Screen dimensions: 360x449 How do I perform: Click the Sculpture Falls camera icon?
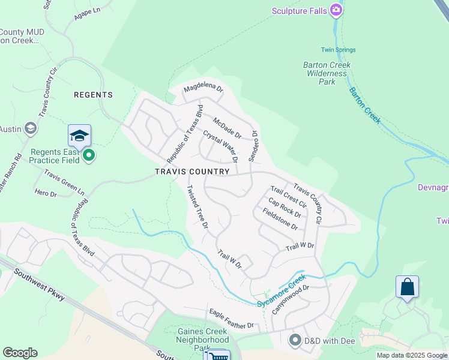[337, 10]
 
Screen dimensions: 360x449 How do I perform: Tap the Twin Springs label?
[339, 50]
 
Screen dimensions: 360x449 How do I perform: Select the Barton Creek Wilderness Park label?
[327, 73]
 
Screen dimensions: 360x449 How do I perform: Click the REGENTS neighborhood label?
[93, 95]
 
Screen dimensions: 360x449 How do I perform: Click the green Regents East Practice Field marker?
[89, 156]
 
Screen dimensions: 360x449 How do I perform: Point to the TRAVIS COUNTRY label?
[192, 172]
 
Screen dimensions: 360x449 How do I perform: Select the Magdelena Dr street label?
[203, 88]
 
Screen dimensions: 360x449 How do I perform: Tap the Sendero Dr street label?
[253, 146]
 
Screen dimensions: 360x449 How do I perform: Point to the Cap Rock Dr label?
[285, 207]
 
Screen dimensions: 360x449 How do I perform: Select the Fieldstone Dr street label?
[280, 219]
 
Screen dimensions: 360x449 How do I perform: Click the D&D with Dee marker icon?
[295, 340]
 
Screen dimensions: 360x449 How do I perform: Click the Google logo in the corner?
[20, 353]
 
